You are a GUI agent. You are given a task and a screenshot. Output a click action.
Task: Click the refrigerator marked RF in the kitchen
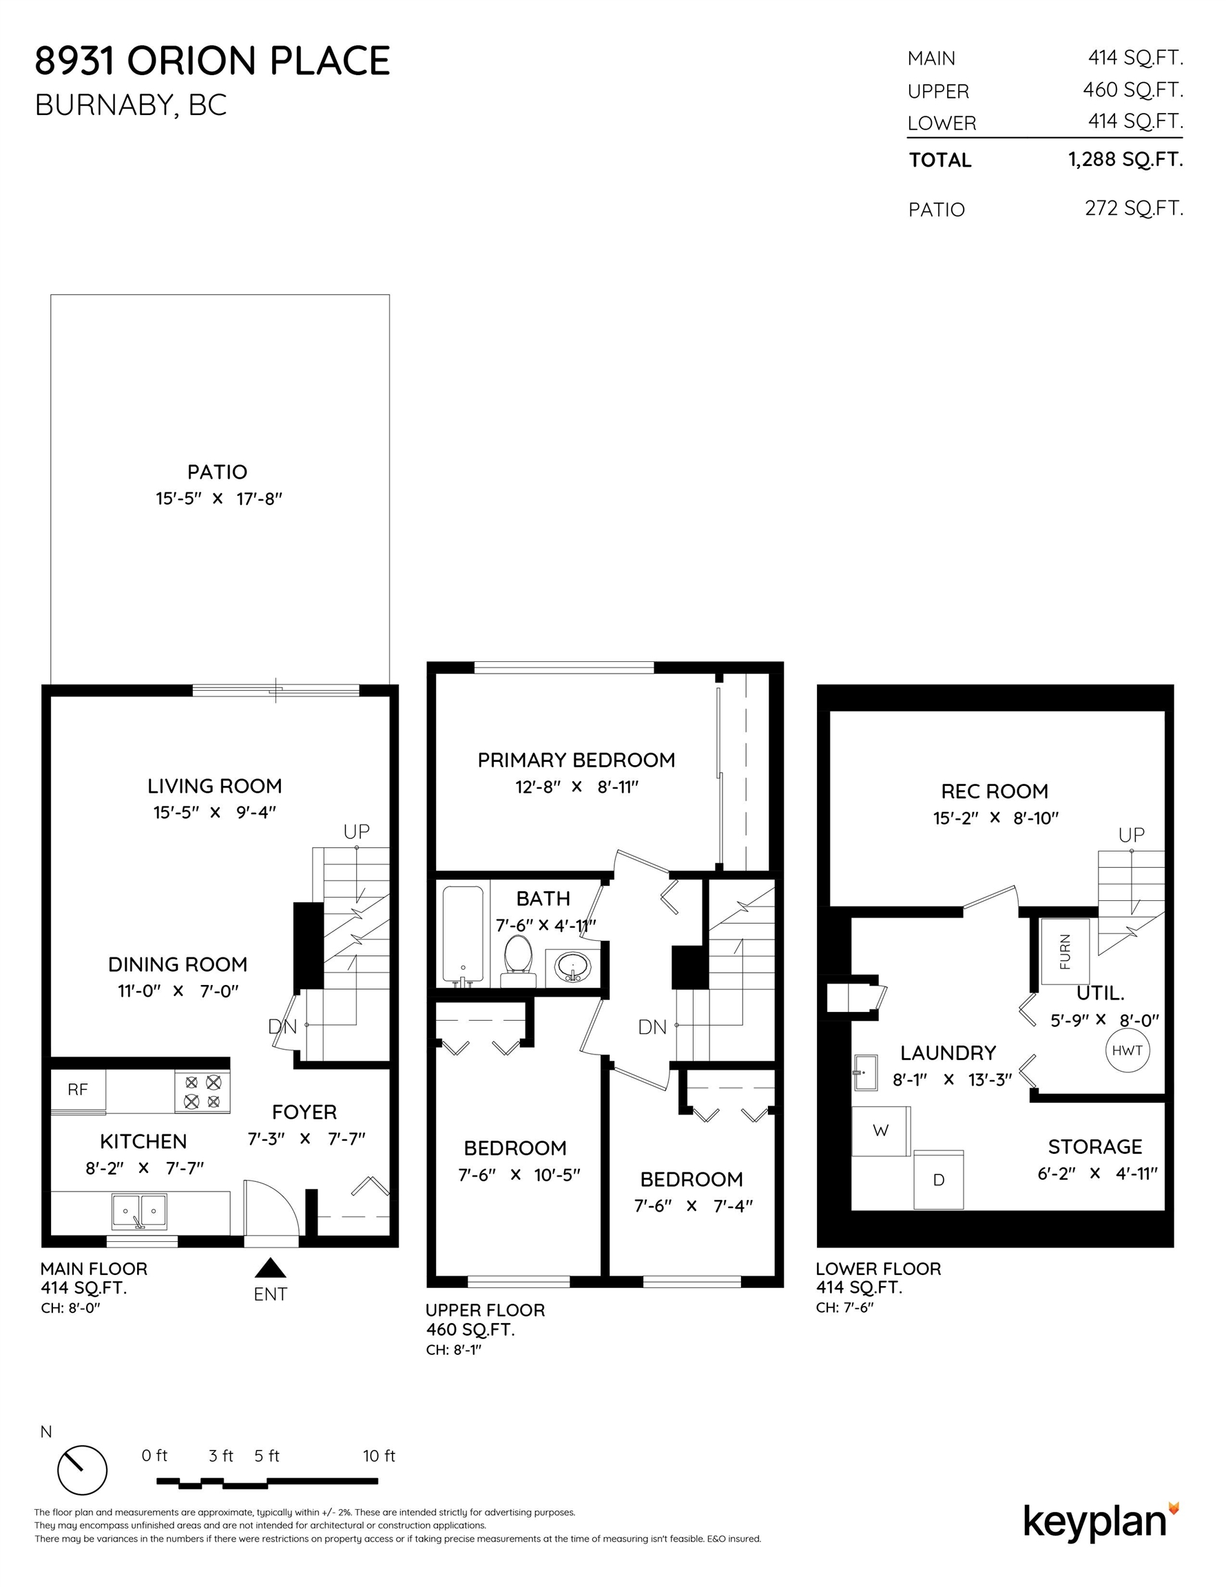[78, 1090]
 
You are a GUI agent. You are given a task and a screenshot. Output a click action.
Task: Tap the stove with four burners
[202, 1092]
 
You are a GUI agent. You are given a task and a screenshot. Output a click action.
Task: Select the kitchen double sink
[139, 1212]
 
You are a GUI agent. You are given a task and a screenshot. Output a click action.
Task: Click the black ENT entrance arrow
[271, 1268]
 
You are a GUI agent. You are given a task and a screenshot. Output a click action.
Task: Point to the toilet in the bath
[517, 961]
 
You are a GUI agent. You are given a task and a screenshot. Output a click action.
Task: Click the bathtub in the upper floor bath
[462, 936]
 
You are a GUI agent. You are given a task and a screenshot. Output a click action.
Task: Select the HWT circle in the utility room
[1128, 1050]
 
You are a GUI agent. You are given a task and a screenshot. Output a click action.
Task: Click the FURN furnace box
[1065, 951]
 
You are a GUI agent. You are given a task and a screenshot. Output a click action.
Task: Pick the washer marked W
[881, 1130]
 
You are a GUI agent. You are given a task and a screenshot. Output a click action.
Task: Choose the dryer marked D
[938, 1180]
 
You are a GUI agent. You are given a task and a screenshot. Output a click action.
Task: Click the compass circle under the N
[82, 1470]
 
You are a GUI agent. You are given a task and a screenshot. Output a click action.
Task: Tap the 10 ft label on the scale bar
[380, 1455]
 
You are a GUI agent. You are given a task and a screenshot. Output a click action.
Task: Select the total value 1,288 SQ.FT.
[1125, 159]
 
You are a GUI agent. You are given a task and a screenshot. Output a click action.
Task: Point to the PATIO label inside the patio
[217, 473]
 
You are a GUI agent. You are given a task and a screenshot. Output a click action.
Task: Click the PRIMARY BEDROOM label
[576, 760]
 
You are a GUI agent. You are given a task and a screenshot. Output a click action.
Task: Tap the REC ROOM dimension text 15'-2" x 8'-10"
[996, 818]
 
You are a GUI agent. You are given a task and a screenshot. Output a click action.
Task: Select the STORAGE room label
[1095, 1147]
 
